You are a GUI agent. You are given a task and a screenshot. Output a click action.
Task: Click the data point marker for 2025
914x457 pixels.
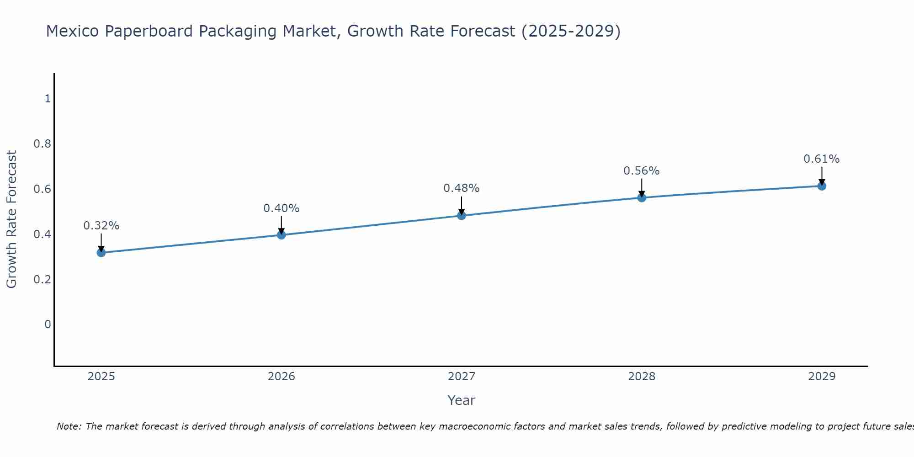pyautogui.click(x=101, y=252)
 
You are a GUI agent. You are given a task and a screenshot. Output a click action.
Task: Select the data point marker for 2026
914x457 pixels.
pyautogui.click(x=282, y=235)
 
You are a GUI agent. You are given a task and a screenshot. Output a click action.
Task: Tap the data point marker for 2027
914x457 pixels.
pyautogui.click(x=462, y=215)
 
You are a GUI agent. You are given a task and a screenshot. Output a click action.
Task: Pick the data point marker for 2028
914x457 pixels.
pyautogui.click(x=642, y=197)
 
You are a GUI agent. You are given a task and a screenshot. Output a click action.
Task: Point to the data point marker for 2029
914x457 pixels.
pyautogui.click(x=822, y=186)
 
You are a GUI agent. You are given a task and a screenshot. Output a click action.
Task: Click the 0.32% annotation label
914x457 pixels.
pyautogui.click(x=101, y=226)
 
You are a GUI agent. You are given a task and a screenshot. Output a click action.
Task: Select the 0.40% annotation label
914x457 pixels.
pyautogui.click(x=282, y=208)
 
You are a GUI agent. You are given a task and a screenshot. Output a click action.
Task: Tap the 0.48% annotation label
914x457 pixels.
pyautogui.click(x=462, y=188)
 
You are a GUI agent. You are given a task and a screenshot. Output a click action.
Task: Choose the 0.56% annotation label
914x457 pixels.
pyautogui.click(x=642, y=171)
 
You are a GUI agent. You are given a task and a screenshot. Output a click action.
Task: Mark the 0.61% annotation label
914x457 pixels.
pyautogui.click(x=822, y=159)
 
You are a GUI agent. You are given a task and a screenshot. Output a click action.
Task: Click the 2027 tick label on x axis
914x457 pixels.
pyautogui.click(x=462, y=377)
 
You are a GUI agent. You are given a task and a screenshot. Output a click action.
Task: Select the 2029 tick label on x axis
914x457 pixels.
pyautogui.click(x=822, y=377)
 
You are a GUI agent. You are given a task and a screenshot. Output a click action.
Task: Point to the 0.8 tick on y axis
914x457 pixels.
pyautogui.click(x=42, y=144)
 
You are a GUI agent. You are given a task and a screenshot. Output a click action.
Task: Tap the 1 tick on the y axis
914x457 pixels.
pyautogui.click(x=48, y=99)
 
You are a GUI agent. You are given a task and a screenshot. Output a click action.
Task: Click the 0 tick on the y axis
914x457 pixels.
pyautogui.click(x=48, y=324)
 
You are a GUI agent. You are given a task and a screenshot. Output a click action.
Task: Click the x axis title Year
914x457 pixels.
pyautogui.click(x=462, y=400)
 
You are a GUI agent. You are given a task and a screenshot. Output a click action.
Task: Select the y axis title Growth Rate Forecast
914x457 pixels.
pyautogui.click(x=12, y=219)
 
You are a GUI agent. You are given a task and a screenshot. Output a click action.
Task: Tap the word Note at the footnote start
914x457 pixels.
pyautogui.click(x=69, y=426)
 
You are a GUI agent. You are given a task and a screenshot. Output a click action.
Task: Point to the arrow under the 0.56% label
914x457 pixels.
pyautogui.click(x=642, y=187)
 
